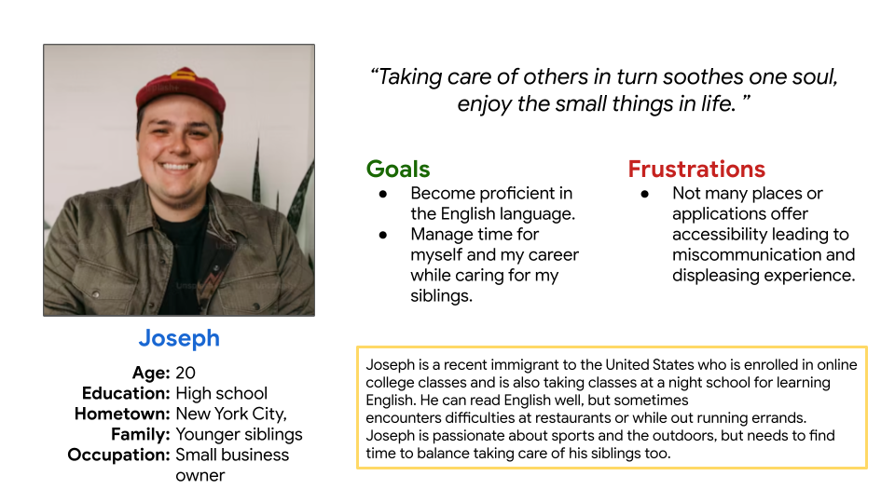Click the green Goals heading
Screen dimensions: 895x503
click(x=398, y=170)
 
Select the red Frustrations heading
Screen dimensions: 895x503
click(x=696, y=170)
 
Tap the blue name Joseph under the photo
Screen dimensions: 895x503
click(x=179, y=339)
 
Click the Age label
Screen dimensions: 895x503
click(x=151, y=373)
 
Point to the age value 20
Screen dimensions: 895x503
click(x=186, y=373)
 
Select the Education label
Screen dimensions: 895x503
click(x=126, y=393)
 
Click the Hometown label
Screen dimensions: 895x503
click(x=122, y=414)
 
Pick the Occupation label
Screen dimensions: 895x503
click(x=118, y=455)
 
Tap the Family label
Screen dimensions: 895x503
click(x=141, y=435)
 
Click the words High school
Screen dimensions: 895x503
click(x=222, y=393)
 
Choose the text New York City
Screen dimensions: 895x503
click(x=231, y=414)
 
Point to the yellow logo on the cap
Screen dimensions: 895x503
click(x=184, y=75)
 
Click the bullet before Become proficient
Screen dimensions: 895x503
click(x=383, y=195)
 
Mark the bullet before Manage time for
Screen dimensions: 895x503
click(x=383, y=235)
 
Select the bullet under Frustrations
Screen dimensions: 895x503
click(x=645, y=195)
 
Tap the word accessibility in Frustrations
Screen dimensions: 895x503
click(x=720, y=235)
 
